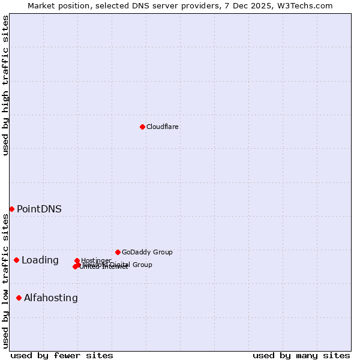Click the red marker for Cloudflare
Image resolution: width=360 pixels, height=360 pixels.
point(142,127)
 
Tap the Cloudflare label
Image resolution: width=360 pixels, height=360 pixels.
point(163,127)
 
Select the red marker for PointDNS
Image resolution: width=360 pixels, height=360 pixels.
point(11,209)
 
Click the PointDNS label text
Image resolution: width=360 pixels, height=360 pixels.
point(39,209)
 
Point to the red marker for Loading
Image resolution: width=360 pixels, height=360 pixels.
point(16,260)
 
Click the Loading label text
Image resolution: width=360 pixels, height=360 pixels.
point(40,260)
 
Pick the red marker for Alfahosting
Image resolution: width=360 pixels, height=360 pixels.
point(19,298)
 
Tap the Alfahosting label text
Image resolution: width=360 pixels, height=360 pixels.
point(51,298)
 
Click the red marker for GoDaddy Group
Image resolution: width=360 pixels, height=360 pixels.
point(118,252)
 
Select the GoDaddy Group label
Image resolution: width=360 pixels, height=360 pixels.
point(147,253)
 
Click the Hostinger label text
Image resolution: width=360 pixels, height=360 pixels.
point(96,260)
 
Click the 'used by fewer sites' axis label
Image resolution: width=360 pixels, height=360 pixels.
point(62,356)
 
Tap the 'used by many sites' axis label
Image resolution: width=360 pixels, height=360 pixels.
point(301,356)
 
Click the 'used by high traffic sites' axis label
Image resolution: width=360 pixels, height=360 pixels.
point(6,85)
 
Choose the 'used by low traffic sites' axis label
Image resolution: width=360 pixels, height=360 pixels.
point(6,281)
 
